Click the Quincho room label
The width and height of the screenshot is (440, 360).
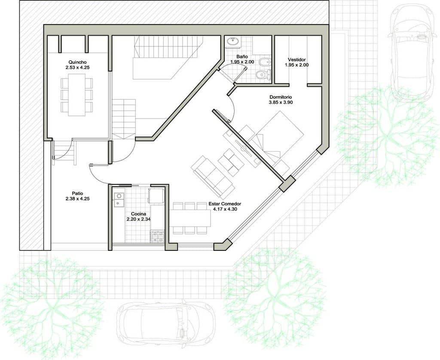tap(77, 62)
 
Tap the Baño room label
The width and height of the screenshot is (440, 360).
tap(242, 57)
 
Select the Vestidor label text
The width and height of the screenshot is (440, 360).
tap(296, 59)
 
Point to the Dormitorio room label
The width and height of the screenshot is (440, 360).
tap(281, 97)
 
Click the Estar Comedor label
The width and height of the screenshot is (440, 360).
tap(225, 204)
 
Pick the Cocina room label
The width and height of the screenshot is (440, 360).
tap(138, 214)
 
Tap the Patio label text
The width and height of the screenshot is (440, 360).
tap(77, 193)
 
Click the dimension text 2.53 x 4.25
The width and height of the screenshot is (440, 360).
tap(77, 67)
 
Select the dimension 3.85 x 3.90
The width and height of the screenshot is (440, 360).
tap(281, 102)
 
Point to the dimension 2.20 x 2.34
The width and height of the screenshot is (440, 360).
tap(138, 219)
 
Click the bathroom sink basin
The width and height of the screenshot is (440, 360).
tap(232, 42)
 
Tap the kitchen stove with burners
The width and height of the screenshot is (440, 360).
tap(158, 236)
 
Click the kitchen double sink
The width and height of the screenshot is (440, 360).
tap(119, 199)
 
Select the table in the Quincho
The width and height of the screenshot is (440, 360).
tap(77, 95)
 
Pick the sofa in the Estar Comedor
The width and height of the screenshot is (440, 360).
tap(212, 177)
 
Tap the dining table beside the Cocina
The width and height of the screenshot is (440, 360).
tap(190, 218)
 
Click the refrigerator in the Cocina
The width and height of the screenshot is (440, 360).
tap(156, 195)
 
